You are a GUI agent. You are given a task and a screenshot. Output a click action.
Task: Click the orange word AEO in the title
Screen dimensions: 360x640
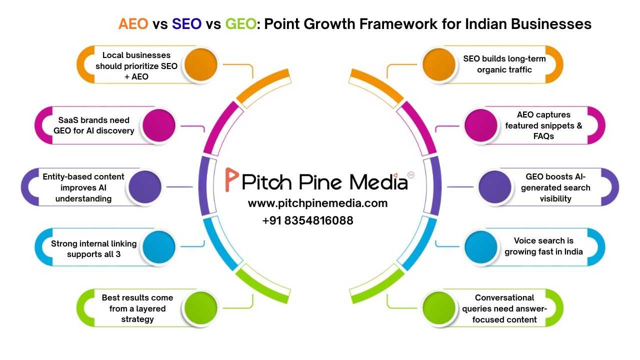tap(133, 24)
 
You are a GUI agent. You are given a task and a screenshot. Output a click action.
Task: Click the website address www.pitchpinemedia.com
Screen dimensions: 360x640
tap(317, 203)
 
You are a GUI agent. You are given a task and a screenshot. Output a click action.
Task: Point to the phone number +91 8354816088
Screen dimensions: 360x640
tap(307, 220)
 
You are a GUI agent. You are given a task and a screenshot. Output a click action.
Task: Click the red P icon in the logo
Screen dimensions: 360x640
tap(231, 180)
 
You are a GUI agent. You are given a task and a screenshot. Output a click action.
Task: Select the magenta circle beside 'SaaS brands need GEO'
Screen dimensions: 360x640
tap(159, 125)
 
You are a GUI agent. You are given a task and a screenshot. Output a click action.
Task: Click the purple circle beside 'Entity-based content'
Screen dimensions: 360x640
tap(145, 187)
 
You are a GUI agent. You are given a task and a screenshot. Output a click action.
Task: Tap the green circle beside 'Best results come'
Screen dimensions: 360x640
tap(200, 308)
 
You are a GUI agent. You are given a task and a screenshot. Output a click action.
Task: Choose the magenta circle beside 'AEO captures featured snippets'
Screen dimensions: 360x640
tap(480, 125)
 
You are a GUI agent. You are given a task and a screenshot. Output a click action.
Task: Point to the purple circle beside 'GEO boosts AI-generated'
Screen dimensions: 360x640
tap(494, 187)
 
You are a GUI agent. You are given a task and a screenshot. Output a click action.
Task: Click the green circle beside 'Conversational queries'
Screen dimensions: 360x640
tap(438, 308)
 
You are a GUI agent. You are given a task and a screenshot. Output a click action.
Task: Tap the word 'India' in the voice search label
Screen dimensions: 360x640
tap(571, 251)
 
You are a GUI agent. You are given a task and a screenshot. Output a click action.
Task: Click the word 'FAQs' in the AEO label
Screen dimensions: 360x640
tap(543, 136)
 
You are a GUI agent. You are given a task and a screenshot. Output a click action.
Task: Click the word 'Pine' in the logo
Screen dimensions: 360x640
tap(328, 181)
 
